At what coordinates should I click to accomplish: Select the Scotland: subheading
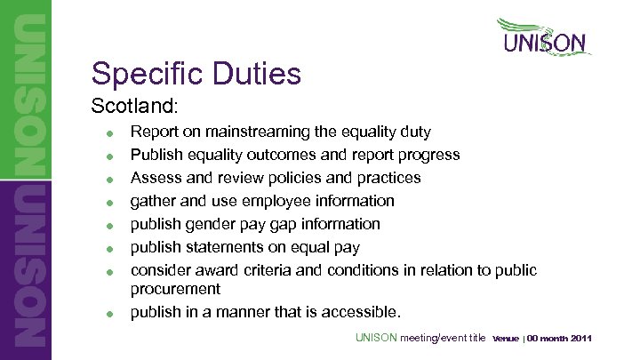click(x=135, y=106)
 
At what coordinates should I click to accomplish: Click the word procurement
click(x=175, y=290)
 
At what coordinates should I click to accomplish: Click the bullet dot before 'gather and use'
click(x=107, y=203)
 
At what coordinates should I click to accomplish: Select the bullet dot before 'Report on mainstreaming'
click(x=107, y=133)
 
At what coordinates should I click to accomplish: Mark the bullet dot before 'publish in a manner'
click(x=107, y=314)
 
